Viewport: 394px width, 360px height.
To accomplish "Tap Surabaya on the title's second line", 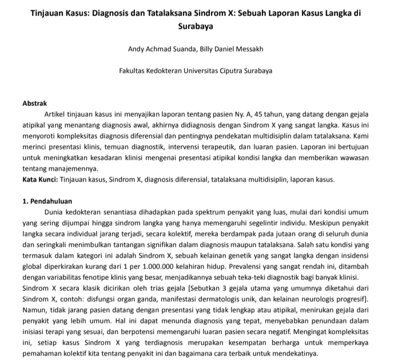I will [x=197, y=26].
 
